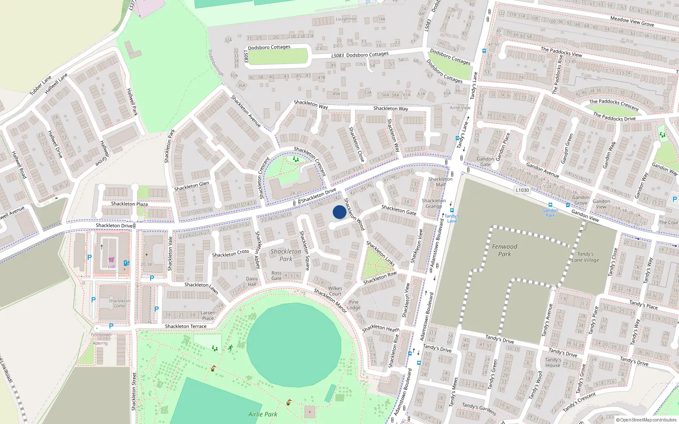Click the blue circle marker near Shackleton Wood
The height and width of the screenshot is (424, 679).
tap(339, 212)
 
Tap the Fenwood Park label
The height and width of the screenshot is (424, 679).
tap(505, 250)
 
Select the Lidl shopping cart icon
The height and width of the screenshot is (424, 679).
tap(111, 260)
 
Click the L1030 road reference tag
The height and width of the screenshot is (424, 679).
tap(522, 190)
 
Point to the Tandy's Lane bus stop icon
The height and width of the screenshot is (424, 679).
tap(452, 210)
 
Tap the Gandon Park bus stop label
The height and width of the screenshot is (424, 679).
tap(550, 213)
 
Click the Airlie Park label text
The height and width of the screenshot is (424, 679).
tap(263, 414)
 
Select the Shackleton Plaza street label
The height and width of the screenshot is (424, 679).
tap(129, 204)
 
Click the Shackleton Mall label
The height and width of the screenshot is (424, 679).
tap(440, 181)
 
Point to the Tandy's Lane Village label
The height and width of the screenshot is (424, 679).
tap(585, 257)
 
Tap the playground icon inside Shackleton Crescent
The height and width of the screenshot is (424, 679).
tap(296, 159)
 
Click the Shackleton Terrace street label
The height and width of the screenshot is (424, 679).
tap(185, 326)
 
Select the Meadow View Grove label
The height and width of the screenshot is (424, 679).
tap(632, 21)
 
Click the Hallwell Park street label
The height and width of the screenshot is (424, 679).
tap(132, 102)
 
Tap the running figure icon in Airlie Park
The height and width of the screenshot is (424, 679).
tap(230, 348)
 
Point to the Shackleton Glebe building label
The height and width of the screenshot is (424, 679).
tap(120, 303)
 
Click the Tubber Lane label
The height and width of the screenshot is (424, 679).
tap(40, 85)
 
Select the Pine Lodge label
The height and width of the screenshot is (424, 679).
tap(354, 305)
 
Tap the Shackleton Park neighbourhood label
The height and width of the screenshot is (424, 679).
tap(286, 255)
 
